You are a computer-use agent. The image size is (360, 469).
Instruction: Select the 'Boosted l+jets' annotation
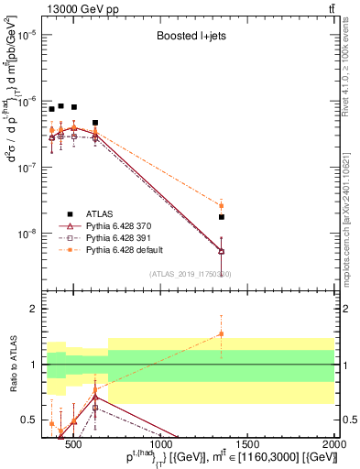tap(190, 39)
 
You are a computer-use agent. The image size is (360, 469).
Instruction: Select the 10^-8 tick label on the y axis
tap(28, 234)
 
